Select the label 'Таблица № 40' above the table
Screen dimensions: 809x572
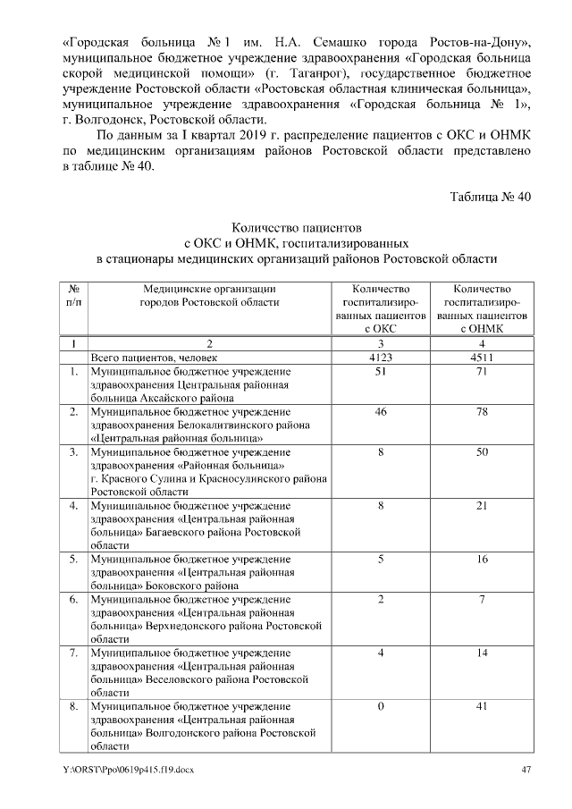491,198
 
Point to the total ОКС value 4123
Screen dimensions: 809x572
381,357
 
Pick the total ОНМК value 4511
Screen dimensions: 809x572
482,357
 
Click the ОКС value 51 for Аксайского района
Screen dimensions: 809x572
381,370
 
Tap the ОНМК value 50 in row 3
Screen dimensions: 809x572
482,453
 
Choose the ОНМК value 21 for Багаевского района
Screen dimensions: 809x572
482,508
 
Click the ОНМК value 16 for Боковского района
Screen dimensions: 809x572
482,559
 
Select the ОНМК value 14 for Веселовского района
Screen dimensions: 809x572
482,653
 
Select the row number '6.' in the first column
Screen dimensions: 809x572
76,599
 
